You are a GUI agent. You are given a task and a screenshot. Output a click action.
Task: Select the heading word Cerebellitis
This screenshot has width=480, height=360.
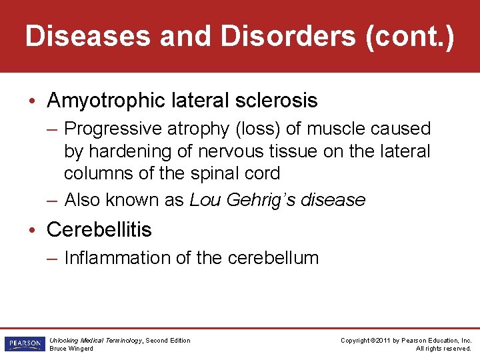point(99,230)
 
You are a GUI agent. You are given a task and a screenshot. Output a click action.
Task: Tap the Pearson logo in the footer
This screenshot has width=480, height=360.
point(24,343)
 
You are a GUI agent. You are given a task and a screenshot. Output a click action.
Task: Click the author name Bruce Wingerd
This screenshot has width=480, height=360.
point(71,349)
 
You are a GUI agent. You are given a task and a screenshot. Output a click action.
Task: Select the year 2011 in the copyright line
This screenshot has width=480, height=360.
point(382,341)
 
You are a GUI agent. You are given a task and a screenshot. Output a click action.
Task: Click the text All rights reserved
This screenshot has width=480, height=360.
point(443,349)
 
